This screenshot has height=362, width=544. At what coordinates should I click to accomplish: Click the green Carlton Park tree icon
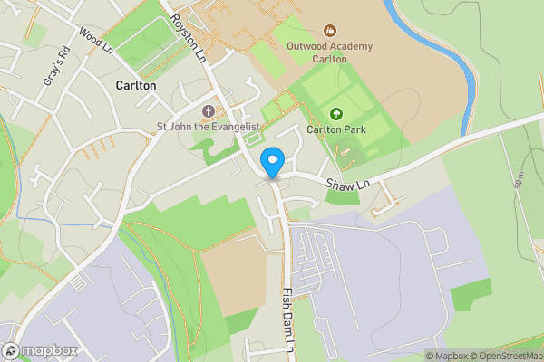[336, 114]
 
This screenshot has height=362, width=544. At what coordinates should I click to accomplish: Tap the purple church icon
[208, 111]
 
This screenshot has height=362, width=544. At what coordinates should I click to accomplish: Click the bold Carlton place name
[136, 85]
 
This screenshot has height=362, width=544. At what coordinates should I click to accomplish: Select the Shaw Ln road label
[345, 185]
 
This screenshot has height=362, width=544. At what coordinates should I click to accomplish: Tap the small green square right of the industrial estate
[471, 295]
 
